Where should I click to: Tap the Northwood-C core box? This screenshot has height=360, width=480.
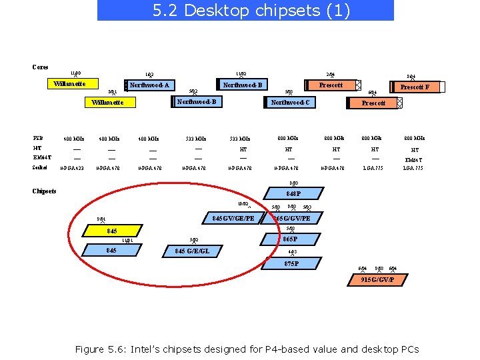pos(289,103)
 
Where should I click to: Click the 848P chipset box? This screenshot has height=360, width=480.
pos(293,194)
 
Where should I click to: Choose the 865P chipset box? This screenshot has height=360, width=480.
pos(290,239)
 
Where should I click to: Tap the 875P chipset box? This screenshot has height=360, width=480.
pos(291,264)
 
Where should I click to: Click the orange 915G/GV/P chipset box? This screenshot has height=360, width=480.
pos(377,279)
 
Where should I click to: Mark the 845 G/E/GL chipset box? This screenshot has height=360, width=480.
pos(192,251)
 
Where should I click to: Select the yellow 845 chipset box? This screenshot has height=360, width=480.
pos(112,231)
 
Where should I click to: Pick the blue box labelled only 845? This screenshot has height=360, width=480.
pos(112,251)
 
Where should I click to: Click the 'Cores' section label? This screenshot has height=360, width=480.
pos(40,67)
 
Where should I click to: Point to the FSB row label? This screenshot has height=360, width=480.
pos(38,138)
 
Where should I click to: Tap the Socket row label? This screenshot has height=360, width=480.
pos(40,167)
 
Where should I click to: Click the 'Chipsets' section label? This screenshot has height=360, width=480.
pos(44,191)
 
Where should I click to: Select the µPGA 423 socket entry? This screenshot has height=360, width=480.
pos(73,168)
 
